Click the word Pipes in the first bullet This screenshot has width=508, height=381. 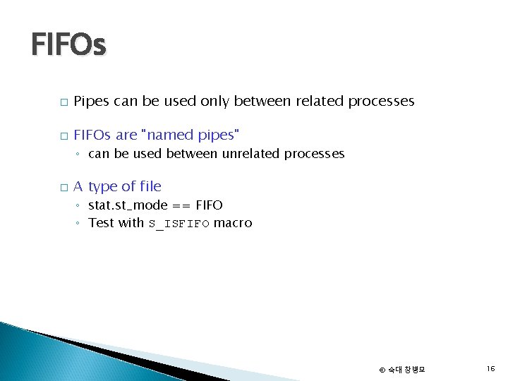coord(91,102)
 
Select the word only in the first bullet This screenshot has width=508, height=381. coord(214,102)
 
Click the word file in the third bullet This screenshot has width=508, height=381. coord(150,186)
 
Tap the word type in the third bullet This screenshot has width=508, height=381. coord(103,187)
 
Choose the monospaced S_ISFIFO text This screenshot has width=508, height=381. coord(179,224)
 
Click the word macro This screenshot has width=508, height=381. coord(233,224)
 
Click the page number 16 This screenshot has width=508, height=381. coord(490,368)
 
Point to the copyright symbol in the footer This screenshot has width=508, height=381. coord(382,370)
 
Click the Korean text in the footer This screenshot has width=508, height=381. coord(406,370)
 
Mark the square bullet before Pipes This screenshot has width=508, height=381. coord(64,102)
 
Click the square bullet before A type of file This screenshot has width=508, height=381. coord(64,188)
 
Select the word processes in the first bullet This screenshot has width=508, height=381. coord(381,102)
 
